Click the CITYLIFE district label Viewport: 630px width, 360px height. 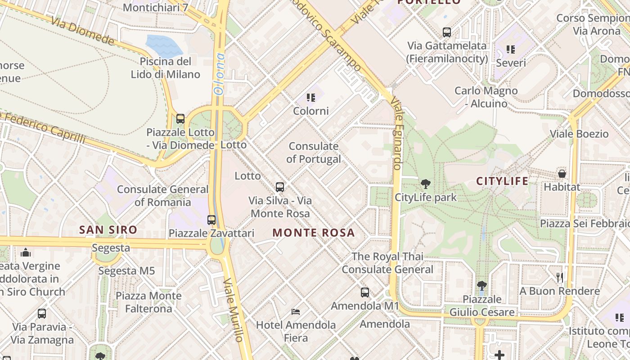click(x=502, y=181)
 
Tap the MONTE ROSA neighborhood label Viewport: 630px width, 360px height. click(x=314, y=233)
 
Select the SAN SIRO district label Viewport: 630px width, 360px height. click(x=108, y=230)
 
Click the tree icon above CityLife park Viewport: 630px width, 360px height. click(x=425, y=184)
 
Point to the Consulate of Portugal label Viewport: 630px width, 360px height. click(x=314, y=153)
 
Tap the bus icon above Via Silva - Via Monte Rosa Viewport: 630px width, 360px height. click(x=280, y=187)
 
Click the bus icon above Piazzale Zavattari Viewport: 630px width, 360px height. click(x=211, y=220)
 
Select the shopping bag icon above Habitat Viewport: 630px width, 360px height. click(x=562, y=174)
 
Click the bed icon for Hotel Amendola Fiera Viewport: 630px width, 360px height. click(x=296, y=311)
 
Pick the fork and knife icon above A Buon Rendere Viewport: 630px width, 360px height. click(x=559, y=277)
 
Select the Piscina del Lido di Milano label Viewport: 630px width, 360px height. click(x=166, y=68)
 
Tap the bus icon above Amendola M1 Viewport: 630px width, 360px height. click(x=365, y=292)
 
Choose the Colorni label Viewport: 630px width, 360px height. click(x=311, y=111)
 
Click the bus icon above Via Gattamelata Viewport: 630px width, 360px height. click(x=447, y=32)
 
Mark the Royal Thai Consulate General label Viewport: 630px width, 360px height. click(x=387, y=263)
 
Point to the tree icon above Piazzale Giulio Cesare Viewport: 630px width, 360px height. click(x=481, y=286)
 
